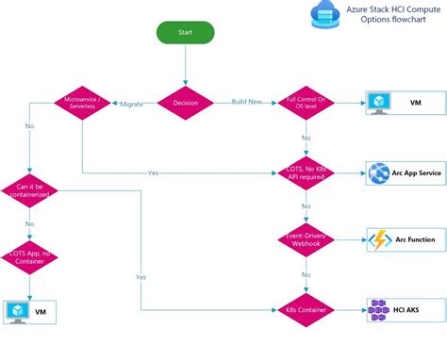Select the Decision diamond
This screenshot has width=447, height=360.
[186, 103]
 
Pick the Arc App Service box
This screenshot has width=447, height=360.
[403, 172]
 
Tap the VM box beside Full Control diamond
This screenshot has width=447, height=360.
[403, 103]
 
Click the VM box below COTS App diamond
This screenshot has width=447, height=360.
[29, 312]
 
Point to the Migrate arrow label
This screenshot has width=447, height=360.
[132, 104]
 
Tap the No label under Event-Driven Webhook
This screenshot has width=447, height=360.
[305, 275]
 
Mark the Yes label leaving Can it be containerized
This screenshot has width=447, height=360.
[141, 277]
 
